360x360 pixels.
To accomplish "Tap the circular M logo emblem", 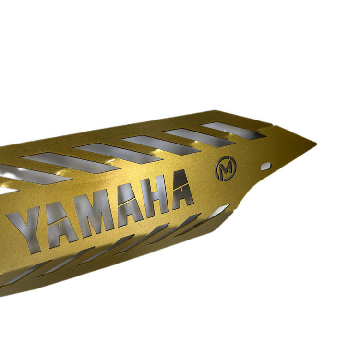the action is point(225,168).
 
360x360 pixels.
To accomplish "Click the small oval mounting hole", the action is point(266,166).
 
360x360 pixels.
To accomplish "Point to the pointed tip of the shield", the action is point(316,144).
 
